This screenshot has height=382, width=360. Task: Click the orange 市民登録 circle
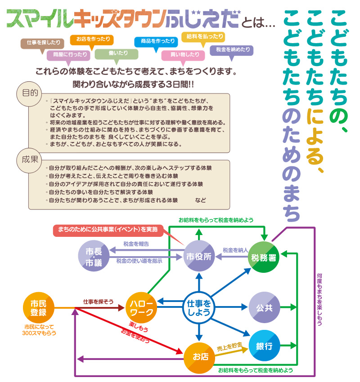point(38,307)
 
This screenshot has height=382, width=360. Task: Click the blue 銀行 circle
point(264,346)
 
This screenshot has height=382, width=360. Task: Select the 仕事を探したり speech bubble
point(43,43)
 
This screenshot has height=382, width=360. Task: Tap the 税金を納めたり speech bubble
point(231,49)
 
